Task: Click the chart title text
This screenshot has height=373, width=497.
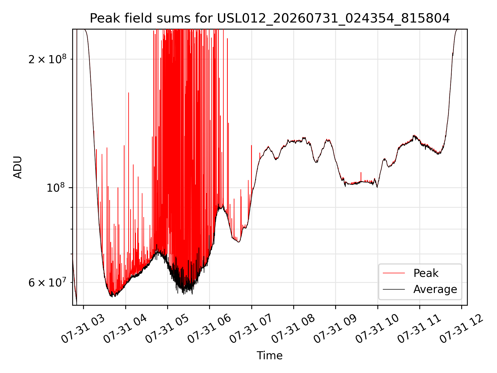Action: click(x=270, y=18)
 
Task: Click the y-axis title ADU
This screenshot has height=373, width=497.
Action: click(x=18, y=167)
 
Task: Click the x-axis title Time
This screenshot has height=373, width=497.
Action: click(x=269, y=355)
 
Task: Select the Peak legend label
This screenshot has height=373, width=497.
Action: click(x=426, y=273)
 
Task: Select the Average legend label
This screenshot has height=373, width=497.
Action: click(x=435, y=289)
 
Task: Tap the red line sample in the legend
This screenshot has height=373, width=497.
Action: click(x=394, y=273)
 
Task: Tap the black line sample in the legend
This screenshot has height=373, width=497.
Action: click(x=394, y=289)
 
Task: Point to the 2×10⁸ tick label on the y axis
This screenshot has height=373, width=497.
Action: click(x=47, y=59)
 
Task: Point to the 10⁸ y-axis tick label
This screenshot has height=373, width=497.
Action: click(x=56, y=188)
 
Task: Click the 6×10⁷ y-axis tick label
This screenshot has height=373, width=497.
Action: click(x=47, y=282)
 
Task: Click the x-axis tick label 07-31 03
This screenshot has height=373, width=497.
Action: click(x=83, y=329)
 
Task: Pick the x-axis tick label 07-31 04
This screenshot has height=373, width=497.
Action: click(x=125, y=329)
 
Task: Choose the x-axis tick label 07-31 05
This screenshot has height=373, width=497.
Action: click(x=167, y=329)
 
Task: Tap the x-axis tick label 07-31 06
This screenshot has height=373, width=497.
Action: click(x=209, y=329)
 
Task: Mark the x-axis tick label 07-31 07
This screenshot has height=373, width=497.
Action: click(x=251, y=329)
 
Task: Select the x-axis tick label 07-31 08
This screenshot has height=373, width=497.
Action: click(x=293, y=329)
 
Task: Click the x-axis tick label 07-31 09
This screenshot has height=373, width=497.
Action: click(x=335, y=329)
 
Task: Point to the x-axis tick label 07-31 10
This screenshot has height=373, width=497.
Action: click(x=377, y=329)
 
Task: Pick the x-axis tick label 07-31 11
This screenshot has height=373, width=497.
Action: click(x=419, y=329)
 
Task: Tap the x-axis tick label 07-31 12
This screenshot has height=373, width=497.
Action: click(x=462, y=329)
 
